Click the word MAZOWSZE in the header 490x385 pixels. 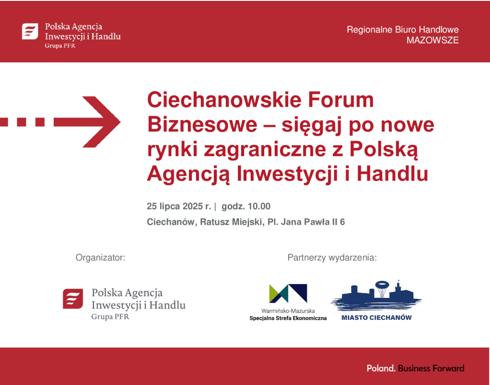pyautogui.click(x=433, y=40)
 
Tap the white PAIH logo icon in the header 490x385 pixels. pyautogui.click(x=30, y=31)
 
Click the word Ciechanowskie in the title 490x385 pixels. pyautogui.click(x=224, y=99)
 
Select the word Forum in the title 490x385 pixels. pyautogui.click(x=341, y=99)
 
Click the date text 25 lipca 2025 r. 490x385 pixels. pyautogui.click(x=179, y=207)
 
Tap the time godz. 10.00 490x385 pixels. pyautogui.click(x=246, y=207)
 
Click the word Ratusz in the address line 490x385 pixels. pyautogui.click(x=215, y=222)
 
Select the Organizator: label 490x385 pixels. pyautogui.click(x=100, y=258)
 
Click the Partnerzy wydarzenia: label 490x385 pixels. pyautogui.click(x=332, y=258)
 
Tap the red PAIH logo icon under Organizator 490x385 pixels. pyautogui.click(x=73, y=299)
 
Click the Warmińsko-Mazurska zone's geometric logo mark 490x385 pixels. pyautogui.click(x=288, y=294)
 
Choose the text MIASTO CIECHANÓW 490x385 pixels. pyautogui.click(x=377, y=318)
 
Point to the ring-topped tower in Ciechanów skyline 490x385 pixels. pyautogui.click(x=381, y=289)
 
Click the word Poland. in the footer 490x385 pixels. pyautogui.click(x=381, y=368)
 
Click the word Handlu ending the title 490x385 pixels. pyautogui.click(x=392, y=174)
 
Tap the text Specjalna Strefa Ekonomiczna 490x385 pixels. pyautogui.click(x=288, y=318)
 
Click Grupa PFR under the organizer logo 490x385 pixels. pyautogui.click(x=110, y=317)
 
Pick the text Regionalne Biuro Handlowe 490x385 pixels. pyautogui.click(x=403, y=30)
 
